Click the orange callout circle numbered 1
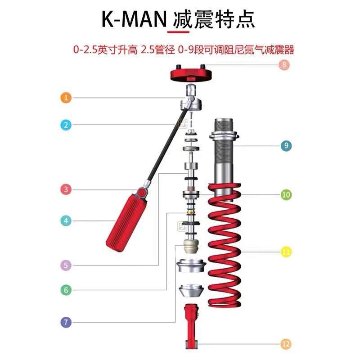(x=66, y=98)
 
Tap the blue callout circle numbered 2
(x=66, y=125)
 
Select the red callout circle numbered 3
(x=66, y=189)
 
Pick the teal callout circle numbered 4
(x=66, y=221)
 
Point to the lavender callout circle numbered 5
(x=66, y=265)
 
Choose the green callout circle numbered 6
(x=66, y=290)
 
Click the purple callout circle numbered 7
(x=66, y=322)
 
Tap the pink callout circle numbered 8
(x=284, y=64)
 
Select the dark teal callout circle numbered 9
(x=286, y=145)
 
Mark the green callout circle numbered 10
(x=286, y=195)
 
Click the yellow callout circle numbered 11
(x=286, y=252)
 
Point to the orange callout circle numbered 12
(x=286, y=344)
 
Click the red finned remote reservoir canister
(x=127, y=223)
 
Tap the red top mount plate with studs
(x=190, y=73)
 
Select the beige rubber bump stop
(x=191, y=246)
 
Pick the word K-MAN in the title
(x=134, y=19)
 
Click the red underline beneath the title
(x=178, y=32)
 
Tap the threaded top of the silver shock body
(x=224, y=125)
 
